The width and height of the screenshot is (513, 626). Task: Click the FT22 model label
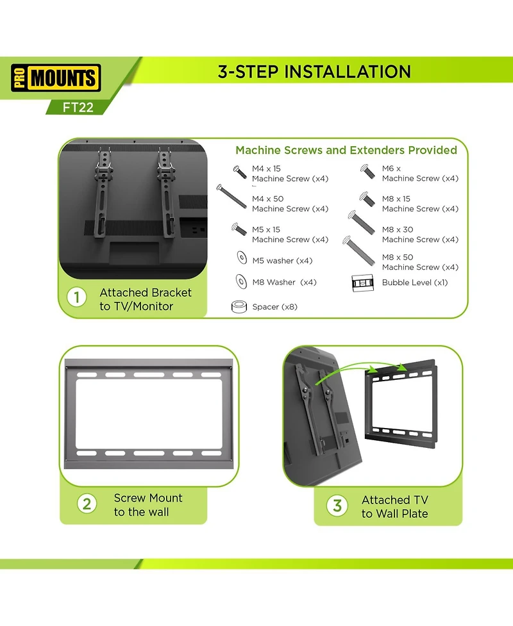coord(78,108)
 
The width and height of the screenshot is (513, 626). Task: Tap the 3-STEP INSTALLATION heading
coord(314,71)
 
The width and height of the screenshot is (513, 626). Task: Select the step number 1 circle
coord(78,298)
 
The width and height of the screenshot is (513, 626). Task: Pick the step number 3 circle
coord(337,506)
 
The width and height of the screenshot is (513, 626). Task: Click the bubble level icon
coord(363,282)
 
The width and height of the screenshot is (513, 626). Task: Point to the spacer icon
coord(240,306)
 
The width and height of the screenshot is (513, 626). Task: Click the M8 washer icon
coord(241,281)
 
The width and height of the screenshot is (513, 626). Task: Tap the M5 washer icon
coord(241,259)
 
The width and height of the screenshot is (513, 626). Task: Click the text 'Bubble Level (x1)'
coord(414,282)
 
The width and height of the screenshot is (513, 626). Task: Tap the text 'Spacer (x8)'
coord(274,307)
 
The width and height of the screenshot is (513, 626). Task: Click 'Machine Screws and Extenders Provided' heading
coord(346,150)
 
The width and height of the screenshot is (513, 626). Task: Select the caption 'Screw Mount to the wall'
coord(148,505)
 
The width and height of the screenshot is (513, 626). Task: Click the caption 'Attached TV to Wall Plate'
coord(394,506)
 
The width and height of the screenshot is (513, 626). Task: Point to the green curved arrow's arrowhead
coord(403,367)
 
